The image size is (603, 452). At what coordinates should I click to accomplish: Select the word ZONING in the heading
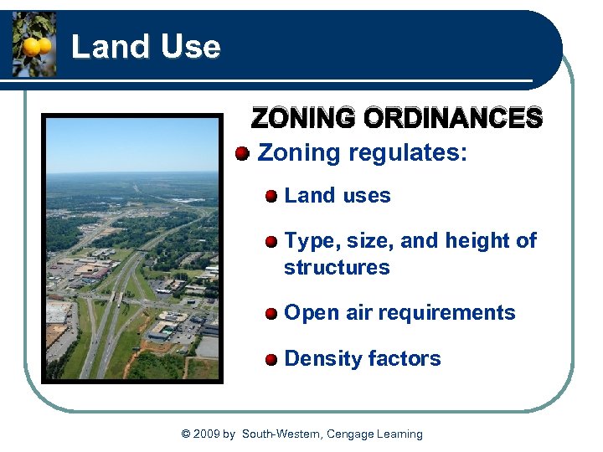(x=304, y=119)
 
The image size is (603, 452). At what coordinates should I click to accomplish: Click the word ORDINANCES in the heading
(x=453, y=119)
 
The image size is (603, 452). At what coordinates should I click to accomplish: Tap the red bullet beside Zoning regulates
(x=242, y=153)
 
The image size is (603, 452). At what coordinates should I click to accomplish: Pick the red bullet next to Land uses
(x=271, y=197)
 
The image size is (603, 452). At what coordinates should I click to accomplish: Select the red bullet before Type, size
(x=271, y=242)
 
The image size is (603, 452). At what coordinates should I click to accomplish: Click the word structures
(x=337, y=268)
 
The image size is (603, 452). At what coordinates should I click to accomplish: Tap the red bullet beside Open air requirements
(x=271, y=314)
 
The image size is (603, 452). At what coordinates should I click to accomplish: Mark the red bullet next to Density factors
(x=271, y=360)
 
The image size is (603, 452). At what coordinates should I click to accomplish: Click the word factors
(x=407, y=359)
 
